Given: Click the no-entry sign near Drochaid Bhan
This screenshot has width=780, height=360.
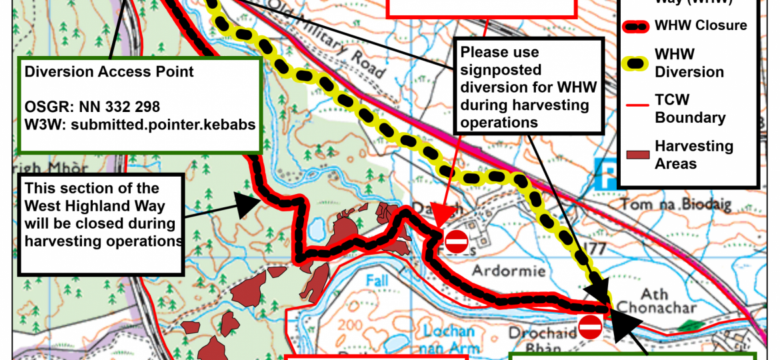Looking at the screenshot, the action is coord(590,327).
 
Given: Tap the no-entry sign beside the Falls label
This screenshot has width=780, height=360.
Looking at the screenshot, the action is coord(457,241).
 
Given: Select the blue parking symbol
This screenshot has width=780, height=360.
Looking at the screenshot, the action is coord(604,175).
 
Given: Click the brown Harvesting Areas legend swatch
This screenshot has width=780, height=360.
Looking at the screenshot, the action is coord(638,155).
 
